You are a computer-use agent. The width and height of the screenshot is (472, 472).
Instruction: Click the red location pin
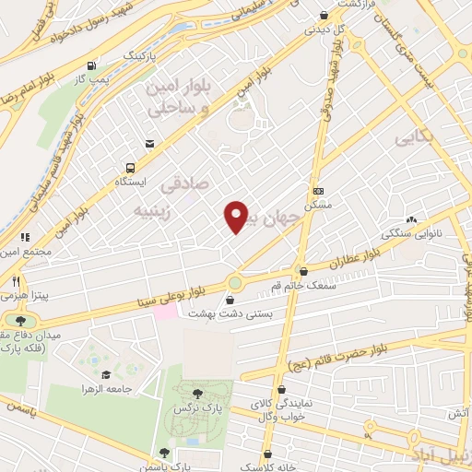coord(236,216)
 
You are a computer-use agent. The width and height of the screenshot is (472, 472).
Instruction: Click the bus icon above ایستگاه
coord(130,169)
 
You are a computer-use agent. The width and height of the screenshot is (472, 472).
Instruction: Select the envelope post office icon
coord(149,142)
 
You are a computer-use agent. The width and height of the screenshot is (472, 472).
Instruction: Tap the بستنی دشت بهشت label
coord(230,313)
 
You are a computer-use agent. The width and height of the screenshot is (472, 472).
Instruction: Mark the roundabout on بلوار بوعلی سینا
coord(235,282)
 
